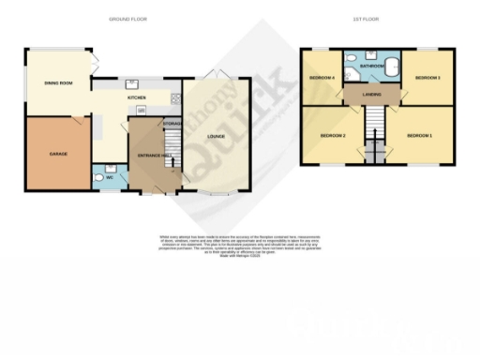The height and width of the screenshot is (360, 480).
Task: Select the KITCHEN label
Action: point(137,96)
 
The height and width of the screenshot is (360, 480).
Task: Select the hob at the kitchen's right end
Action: point(173,97)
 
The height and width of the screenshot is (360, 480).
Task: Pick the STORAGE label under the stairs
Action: point(172,124)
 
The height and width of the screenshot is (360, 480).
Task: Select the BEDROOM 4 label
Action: point(322,78)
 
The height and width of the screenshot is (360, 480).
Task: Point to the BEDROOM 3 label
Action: point(427,78)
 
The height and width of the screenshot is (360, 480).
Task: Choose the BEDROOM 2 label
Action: point(333,137)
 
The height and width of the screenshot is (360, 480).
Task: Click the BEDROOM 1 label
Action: point(419,137)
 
